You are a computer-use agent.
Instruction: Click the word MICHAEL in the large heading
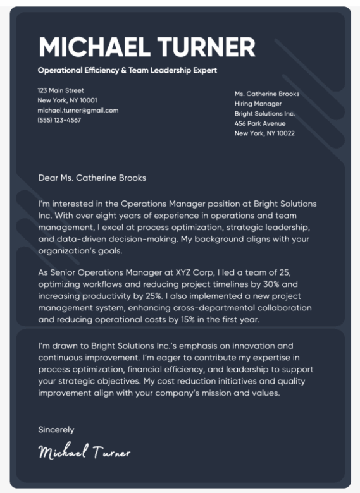(94, 47)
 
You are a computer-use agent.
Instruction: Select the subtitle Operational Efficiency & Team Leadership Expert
(127, 70)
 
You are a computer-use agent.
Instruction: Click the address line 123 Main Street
(61, 90)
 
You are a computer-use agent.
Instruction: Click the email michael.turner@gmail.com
(78, 110)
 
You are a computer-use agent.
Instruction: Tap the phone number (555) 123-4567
(59, 119)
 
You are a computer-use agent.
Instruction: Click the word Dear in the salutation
(48, 178)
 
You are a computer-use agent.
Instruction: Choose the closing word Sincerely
(56, 430)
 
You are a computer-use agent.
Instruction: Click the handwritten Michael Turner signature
(84, 452)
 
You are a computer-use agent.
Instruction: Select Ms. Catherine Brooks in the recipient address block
(267, 94)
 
